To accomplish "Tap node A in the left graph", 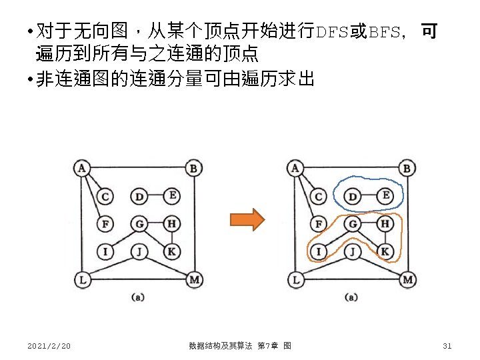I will tap(81, 167).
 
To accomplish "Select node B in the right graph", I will tap(407, 169).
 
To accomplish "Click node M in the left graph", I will tap(193, 279).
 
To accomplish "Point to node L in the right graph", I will tap(295, 279).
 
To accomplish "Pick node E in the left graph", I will tap(172, 195).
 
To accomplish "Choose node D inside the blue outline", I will tap(353, 197).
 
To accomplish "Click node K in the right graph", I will tap(385, 251).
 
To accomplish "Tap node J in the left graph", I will tap(139, 251).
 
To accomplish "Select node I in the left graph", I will tap(105, 251).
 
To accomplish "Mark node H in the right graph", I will tap(385, 224).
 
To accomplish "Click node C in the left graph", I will tap(105, 197).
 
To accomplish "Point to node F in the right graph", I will tap(319, 224).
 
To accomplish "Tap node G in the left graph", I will tap(139, 224).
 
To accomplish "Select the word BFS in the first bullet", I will tap(385, 32).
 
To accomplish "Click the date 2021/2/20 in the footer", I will tap(49, 345).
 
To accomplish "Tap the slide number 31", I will tap(447, 345).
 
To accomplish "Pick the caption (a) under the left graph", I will tap(137, 297).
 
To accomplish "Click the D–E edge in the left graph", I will tap(155, 196).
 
